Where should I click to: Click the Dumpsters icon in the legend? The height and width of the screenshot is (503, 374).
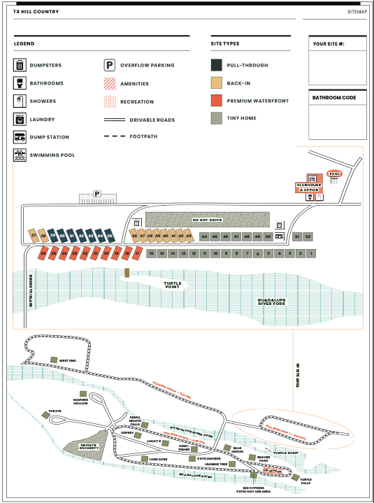(20, 66)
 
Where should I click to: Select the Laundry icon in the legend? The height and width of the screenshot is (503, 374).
(20, 119)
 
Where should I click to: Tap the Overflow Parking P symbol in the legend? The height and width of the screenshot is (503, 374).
(110, 66)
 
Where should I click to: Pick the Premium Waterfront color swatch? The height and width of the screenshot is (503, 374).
(217, 101)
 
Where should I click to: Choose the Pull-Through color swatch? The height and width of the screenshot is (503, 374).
(217, 65)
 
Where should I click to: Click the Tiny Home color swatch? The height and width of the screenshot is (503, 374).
(217, 118)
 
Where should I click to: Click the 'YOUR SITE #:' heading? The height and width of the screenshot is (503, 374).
(328, 44)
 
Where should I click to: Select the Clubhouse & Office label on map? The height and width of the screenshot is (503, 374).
(309, 187)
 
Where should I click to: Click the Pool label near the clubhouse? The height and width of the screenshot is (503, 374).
(334, 173)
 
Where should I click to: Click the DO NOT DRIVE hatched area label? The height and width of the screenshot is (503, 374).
(207, 220)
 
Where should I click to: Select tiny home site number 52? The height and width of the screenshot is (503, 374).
(308, 237)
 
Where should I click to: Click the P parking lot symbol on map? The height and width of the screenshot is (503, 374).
(97, 194)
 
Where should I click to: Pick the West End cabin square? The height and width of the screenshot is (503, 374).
(54, 360)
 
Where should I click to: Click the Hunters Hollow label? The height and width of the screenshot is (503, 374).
(80, 402)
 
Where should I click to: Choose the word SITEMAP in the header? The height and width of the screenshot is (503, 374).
(357, 12)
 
